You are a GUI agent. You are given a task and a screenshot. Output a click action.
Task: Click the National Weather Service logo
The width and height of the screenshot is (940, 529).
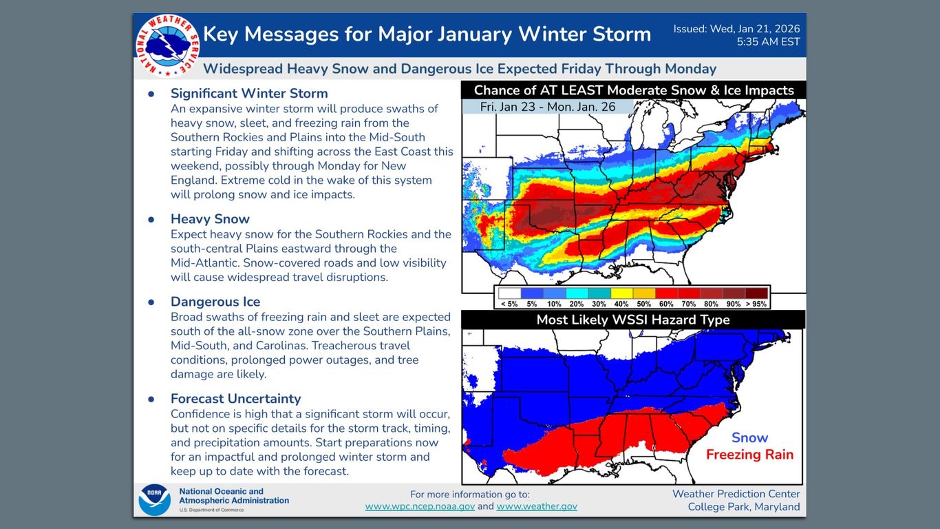[167, 44]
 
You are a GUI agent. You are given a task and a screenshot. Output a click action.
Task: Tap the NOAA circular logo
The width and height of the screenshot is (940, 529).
[154, 500]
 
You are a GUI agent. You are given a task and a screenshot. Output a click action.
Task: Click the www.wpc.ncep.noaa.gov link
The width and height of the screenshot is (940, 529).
[420, 506]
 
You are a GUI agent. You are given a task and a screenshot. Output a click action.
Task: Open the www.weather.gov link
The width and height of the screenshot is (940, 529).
[537, 506]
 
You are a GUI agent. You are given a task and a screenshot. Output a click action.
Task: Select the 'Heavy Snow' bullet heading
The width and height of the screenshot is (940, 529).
[210, 219]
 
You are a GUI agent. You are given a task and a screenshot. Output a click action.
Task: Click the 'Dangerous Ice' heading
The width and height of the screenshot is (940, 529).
[215, 302]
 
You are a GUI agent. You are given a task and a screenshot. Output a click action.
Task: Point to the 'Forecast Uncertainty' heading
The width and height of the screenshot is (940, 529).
[236, 399]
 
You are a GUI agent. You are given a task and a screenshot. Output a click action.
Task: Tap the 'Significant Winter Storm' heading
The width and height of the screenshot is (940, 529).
[249, 94]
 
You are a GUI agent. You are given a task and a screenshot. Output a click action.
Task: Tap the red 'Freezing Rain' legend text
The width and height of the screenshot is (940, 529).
[749, 455]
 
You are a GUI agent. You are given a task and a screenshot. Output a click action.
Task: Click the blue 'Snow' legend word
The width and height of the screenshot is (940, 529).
[749, 437]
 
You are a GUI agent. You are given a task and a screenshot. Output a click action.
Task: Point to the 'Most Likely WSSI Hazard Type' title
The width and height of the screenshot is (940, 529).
[632, 320]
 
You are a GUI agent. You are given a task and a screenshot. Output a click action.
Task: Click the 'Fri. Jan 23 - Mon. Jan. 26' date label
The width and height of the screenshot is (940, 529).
[547, 107]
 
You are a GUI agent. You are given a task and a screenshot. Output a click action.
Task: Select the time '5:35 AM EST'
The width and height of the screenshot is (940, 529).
[768, 42]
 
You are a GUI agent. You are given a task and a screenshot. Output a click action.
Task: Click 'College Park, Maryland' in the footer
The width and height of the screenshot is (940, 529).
[744, 507]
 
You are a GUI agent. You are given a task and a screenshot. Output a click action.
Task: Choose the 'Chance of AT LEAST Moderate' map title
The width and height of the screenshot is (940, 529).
[634, 90]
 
